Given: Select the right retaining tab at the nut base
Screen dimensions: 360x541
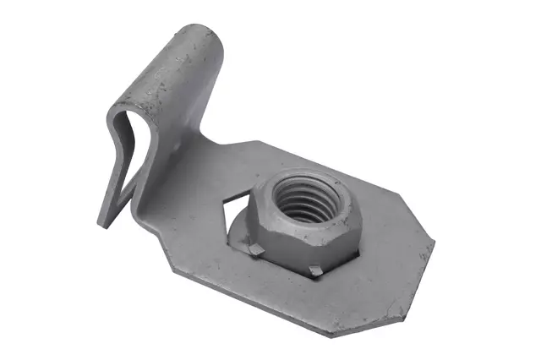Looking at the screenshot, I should click(315, 270).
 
